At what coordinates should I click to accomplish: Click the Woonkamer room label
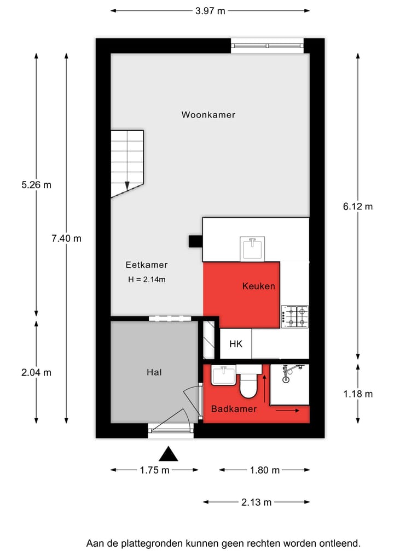pos(208,115)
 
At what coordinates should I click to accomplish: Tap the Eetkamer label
pos(146,265)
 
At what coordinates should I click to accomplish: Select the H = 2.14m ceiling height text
pos(146,279)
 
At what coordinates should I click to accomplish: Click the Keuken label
pos(258,286)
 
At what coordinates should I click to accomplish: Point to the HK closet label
pos(236,344)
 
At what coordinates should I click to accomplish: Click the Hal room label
pos(154,372)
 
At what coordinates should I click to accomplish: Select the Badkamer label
pos(234,408)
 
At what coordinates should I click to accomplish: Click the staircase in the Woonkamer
pos(127,163)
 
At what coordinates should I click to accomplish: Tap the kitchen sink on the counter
pos(252,249)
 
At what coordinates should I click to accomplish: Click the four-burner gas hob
pos(295,317)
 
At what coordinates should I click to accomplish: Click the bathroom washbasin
pos(224,376)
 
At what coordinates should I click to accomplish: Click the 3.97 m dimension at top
pos(210,10)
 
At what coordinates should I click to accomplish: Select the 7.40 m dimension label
pos(66,238)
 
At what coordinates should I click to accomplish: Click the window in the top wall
pos(267,46)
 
